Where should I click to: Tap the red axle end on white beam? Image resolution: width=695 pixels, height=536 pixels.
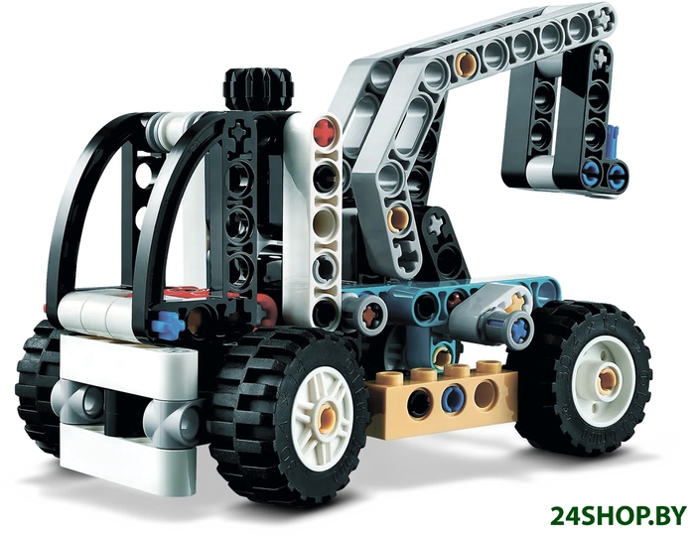point(326,132)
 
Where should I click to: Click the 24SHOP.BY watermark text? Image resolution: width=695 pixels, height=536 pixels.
point(619,515)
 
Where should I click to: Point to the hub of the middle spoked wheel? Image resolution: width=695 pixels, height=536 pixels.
point(328,417)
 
